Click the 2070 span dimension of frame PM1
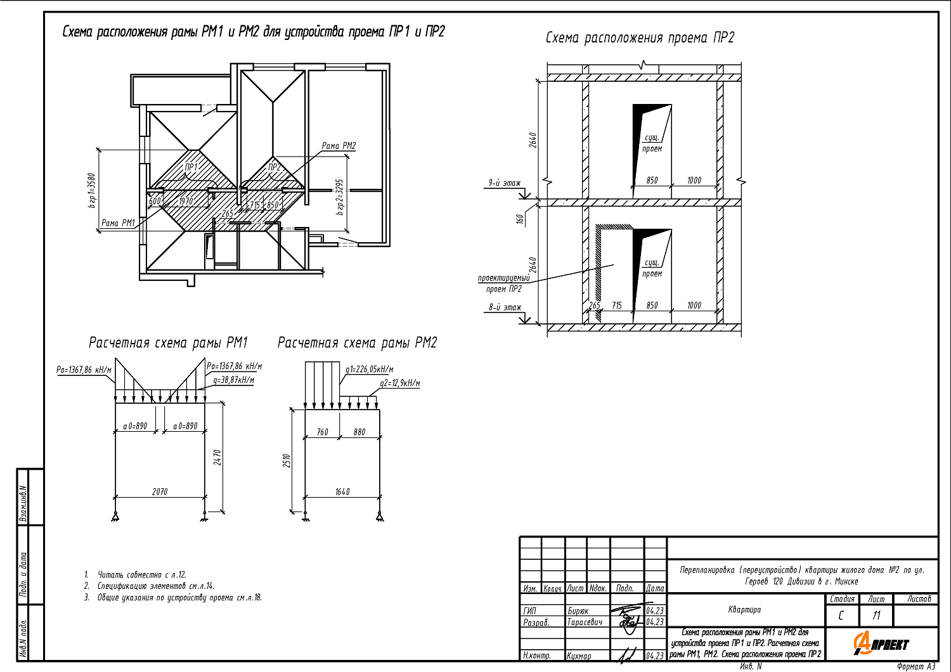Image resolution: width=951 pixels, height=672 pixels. [160, 491]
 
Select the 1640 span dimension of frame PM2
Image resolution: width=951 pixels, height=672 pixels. [342, 491]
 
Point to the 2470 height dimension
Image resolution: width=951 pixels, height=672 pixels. [217, 458]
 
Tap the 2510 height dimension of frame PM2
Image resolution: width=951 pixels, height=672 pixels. [287, 461]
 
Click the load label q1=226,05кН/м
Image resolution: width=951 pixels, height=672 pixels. [370, 370]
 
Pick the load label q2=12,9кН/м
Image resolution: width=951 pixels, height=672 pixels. [399, 384]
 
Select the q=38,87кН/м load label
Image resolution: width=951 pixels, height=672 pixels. [234, 380]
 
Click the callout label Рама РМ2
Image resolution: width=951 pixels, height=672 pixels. [339, 146]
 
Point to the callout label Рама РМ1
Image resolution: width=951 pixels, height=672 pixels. [119, 223]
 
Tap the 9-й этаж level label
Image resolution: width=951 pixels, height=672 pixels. [504, 183]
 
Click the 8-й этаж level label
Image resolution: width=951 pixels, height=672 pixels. [505, 307]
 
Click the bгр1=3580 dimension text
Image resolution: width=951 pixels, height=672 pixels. [91, 190]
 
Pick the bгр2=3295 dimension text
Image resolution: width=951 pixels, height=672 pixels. [340, 197]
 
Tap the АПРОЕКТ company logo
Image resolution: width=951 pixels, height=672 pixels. [881, 644]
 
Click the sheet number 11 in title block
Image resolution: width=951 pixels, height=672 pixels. [876, 616]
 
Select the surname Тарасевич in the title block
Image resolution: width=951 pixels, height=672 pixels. [585, 623]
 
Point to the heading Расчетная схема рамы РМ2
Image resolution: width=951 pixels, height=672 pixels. [358, 343]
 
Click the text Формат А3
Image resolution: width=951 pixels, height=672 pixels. [915, 666]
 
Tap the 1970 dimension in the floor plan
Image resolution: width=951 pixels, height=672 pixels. [186, 202]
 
